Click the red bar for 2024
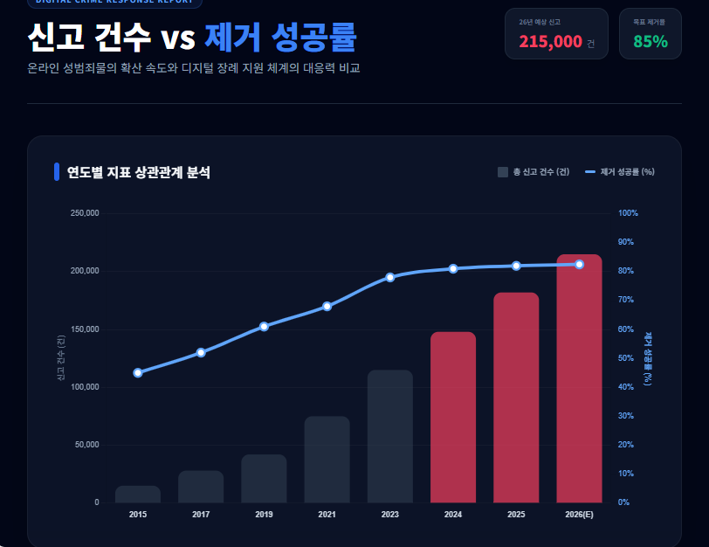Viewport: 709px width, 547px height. (452, 417)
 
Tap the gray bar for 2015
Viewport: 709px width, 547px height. (138, 495)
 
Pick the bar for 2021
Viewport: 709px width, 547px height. (327, 460)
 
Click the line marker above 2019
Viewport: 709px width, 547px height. (264, 326)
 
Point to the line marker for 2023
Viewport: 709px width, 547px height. (390, 277)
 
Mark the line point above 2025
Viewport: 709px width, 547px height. (516, 266)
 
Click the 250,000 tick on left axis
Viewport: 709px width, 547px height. (85, 213)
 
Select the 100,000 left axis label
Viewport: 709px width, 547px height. (85, 387)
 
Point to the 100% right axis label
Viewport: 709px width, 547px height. (629, 213)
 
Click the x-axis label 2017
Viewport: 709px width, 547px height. (201, 515)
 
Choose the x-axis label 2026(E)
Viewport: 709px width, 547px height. (579, 515)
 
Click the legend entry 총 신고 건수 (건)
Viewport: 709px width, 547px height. (533, 172)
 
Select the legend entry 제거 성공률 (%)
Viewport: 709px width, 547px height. (620, 172)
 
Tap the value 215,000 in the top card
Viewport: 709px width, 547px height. (550, 41)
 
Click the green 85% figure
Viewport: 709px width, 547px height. (650, 41)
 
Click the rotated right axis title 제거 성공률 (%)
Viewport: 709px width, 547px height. (648, 358)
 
